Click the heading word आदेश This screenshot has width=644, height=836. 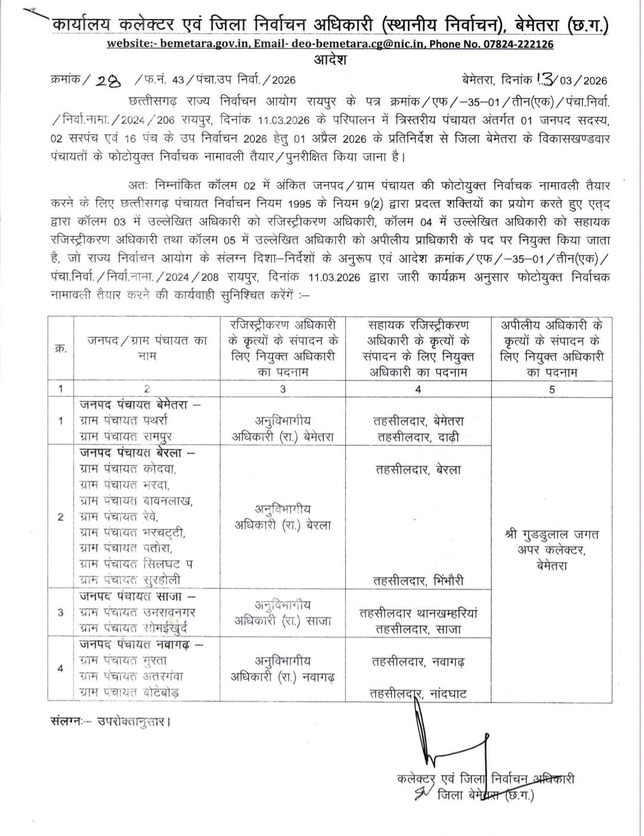[330, 60]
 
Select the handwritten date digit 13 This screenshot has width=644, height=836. [545, 79]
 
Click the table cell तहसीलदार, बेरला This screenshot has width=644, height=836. [418, 470]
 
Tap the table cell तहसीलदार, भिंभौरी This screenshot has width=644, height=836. [418, 580]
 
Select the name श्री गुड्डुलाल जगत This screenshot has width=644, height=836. [552, 535]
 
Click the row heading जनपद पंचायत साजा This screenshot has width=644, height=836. [138, 596]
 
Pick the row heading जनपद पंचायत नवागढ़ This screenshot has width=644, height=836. [141, 645]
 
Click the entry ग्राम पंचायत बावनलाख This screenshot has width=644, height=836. [136, 501]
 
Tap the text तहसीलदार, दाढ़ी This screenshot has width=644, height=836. [418, 437]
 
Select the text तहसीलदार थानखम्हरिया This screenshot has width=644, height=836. [418, 613]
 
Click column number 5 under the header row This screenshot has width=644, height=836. [552, 389]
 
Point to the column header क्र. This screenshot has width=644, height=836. [60, 348]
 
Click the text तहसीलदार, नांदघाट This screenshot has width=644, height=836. [418, 693]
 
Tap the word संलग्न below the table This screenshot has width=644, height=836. [65, 721]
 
